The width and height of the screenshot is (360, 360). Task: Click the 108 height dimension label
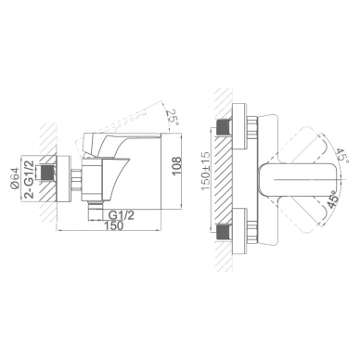pyautogui.click(x=176, y=166)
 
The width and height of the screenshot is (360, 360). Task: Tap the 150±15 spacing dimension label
pyautogui.click(x=205, y=172)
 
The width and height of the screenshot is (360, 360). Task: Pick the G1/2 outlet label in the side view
pyautogui.click(x=122, y=215)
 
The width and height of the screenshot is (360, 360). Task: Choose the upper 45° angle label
pyautogui.click(x=342, y=156)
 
